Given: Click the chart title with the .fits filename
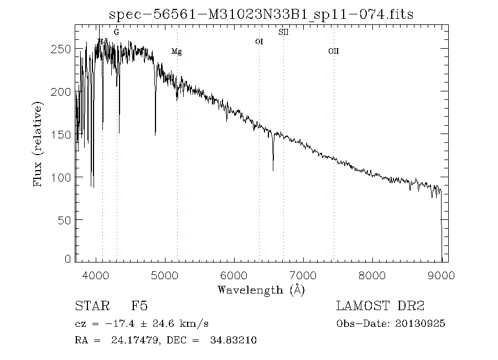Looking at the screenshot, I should pos(261,14).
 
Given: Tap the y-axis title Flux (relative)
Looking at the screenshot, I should pos(38,143).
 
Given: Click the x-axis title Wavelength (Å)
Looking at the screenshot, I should pos(261,290).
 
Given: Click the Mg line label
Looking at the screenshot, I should pos(177,52).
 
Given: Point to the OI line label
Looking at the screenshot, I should pos(259,42).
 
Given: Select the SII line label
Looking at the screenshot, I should pos(283,33).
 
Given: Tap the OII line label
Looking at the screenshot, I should pos(333,52).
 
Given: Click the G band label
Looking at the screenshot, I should pos(116,33).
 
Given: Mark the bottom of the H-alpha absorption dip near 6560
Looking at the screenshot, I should pos(273,169).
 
